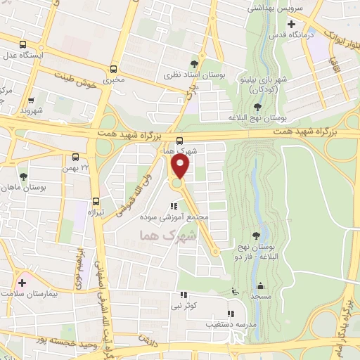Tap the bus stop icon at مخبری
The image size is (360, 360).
tap(114, 69)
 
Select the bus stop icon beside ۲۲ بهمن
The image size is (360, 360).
tap(76, 157)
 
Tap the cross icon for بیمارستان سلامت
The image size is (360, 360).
tap(22, 283)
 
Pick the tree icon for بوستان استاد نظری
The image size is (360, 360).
tap(194, 65)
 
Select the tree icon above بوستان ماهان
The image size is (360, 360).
tap(24, 176)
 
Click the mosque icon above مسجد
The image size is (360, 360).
tap(261, 285)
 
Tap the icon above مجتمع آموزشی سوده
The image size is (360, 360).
tap(173, 206)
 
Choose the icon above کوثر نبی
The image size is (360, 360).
tap(184, 295)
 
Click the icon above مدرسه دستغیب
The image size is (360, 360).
tap(229, 314)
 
